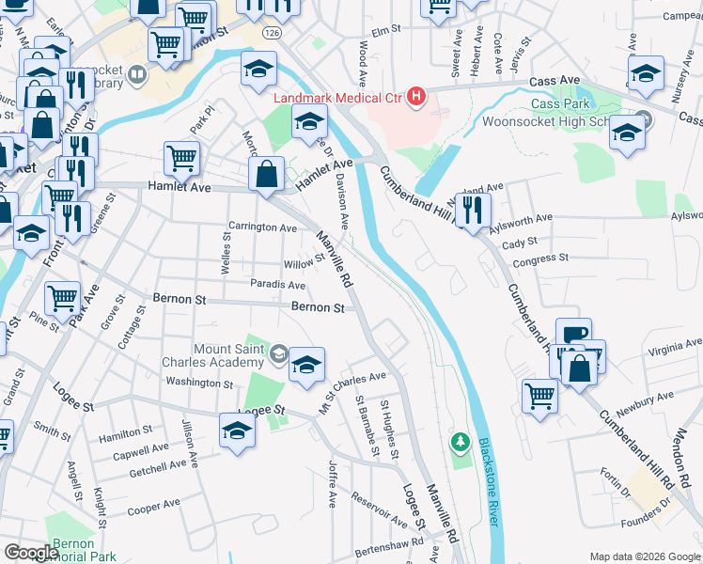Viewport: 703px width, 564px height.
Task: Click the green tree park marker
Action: point(460,441)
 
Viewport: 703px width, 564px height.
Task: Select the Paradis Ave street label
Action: point(278,285)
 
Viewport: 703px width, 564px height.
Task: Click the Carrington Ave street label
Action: point(262,227)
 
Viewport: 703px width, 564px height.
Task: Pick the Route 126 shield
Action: point(272,32)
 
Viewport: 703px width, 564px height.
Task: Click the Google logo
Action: point(31,553)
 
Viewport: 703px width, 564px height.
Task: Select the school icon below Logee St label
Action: point(237,431)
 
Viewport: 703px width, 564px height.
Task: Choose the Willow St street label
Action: point(305,259)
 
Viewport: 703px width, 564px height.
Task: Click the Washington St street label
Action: point(198,384)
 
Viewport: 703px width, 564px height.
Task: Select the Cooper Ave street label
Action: point(153,506)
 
